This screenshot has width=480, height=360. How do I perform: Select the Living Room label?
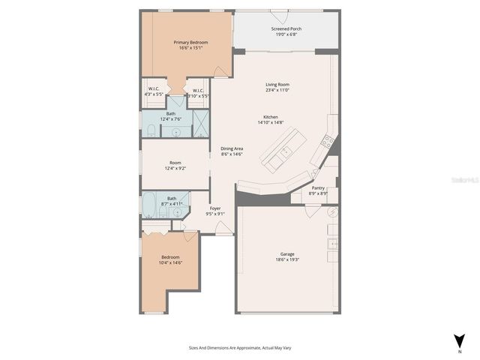pyautogui.click(x=277, y=85)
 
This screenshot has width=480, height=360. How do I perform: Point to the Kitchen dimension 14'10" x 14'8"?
pyautogui.click(x=271, y=122)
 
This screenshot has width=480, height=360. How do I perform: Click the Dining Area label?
pyautogui.click(x=231, y=148)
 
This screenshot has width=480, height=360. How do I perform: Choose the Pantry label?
pyautogui.click(x=318, y=188)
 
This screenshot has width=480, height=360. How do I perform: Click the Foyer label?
pyautogui.click(x=215, y=208)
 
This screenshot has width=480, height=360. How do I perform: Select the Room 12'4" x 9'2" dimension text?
pyautogui.click(x=175, y=168)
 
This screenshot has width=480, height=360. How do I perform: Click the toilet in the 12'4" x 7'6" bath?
pyautogui.click(x=149, y=132)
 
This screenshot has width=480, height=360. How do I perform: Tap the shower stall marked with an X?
pyautogui.click(x=201, y=121)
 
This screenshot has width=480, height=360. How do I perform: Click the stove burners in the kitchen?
pyautogui.click(x=327, y=139)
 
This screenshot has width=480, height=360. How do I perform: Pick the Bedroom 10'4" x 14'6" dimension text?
pyautogui.click(x=171, y=262)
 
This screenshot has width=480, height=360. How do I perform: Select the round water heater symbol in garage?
pyautogui.click(x=334, y=212)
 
